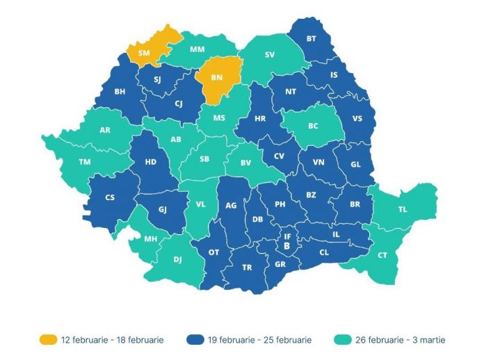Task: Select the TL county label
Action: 403,209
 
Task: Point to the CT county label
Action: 382,256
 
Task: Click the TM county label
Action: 85,161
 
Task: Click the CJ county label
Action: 178,104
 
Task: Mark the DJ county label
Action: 177,261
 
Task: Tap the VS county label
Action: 357,118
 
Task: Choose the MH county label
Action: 150,240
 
